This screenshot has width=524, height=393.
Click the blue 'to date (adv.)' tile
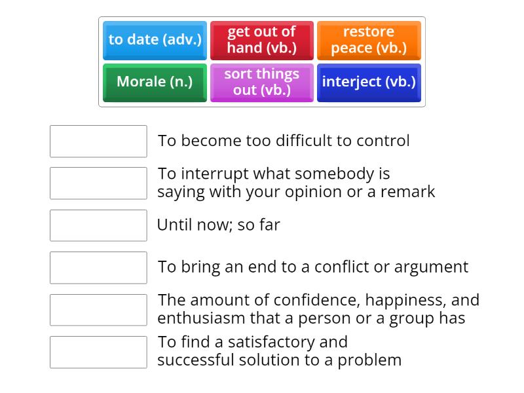(155, 40)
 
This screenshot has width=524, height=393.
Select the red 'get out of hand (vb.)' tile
(261, 40)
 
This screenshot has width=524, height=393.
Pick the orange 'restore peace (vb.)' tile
(369, 40)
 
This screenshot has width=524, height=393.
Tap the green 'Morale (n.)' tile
(155, 82)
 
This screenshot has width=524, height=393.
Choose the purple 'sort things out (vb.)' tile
(261, 82)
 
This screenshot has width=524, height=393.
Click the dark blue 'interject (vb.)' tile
(369, 82)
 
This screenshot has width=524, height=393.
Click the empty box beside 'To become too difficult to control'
(98, 141)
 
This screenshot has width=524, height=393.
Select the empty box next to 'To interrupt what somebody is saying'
(98, 183)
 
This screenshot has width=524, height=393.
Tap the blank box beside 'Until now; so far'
(98, 225)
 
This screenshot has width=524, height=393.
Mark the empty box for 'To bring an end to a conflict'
(98, 267)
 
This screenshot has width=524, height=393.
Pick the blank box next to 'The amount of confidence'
(98, 310)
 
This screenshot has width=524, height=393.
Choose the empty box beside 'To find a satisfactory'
(98, 352)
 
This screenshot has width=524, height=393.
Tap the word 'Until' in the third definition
(173, 225)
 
